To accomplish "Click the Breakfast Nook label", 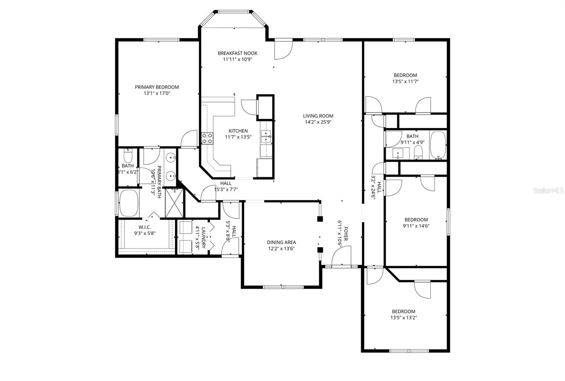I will [x=237, y=53].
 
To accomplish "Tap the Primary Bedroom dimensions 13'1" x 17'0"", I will [x=157, y=94].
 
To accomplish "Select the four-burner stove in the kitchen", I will [x=207, y=139].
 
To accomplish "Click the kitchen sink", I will [x=266, y=136].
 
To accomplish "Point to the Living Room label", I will [x=318, y=116].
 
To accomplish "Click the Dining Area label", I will [x=281, y=242].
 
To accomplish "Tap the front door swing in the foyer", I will [x=341, y=256].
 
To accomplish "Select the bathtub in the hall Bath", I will [x=438, y=145].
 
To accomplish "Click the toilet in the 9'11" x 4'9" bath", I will [x=418, y=153].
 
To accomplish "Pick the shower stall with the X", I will [x=174, y=203].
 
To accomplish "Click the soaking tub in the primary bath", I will [x=128, y=204].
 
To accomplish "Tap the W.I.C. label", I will [x=145, y=227].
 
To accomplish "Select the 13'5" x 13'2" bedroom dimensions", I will [x=403, y=317].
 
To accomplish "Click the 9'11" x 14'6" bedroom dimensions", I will [x=417, y=226].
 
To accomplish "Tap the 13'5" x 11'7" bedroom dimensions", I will [x=405, y=81].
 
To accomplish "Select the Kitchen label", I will [x=238, y=131].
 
